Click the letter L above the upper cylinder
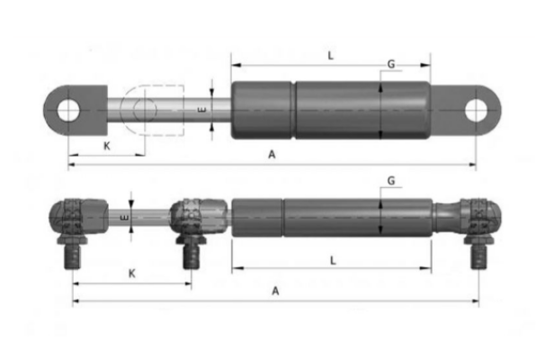[x=330, y=56]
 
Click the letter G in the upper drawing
[x=390, y=65]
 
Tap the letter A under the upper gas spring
[x=272, y=155]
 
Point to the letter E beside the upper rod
[x=202, y=109]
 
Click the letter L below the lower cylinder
[x=333, y=259]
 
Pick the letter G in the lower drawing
[x=390, y=181]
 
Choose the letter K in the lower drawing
[x=131, y=271]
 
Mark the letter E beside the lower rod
[x=123, y=216]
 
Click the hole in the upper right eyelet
[x=476, y=109]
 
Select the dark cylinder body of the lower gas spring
[x=333, y=216]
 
